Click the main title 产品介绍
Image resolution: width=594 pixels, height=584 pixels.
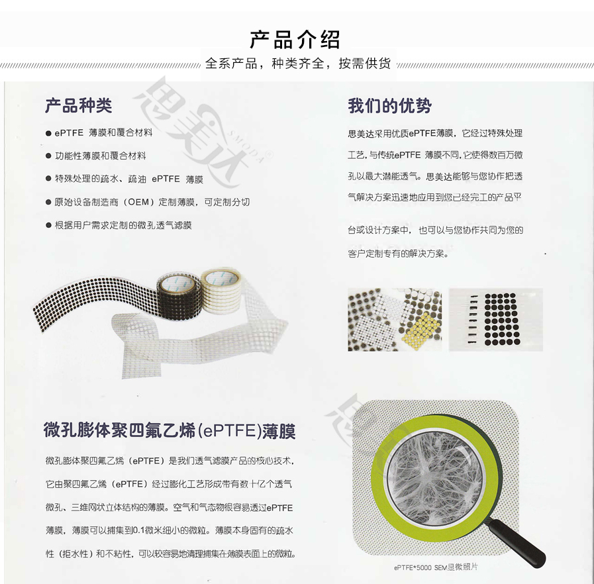pyautogui.click(x=295, y=39)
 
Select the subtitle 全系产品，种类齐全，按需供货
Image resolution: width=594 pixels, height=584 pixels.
pyautogui.click(x=298, y=64)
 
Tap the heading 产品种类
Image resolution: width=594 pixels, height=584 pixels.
pyautogui.click(x=78, y=105)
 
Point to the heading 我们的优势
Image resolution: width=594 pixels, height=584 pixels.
pyautogui.click(x=389, y=105)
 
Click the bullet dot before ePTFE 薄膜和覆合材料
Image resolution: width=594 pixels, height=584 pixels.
pyautogui.click(x=48, y=133)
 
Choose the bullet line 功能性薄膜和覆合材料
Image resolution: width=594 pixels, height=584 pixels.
pyautogui.click(x=101, y=156)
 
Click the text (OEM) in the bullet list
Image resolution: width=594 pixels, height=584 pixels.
pyautogui.click(x=138, y=202)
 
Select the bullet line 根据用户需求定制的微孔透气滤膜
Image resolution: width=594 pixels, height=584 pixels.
pyautogui.click(x=123, y=225)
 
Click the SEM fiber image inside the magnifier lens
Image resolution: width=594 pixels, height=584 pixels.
pyautogui.click(x=436, y=477)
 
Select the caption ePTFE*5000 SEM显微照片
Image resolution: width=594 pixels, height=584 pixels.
pyautogui.click(x=436, y=567)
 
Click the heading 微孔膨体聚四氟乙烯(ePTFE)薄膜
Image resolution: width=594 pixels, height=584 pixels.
pyautogui.click(x=170, y=431)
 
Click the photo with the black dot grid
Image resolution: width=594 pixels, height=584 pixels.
pyautogui.click(x=495, y=319)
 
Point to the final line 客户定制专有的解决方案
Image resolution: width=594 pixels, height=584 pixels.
pyautogui.click(x=398, y=254)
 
